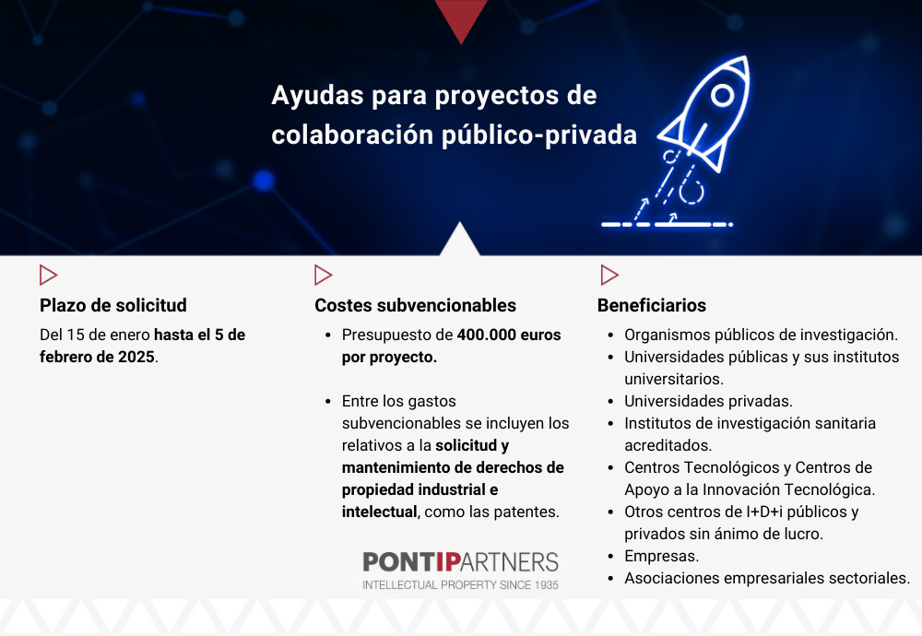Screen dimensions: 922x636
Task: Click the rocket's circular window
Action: coord(723,95)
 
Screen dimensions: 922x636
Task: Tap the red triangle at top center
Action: coord(461,18)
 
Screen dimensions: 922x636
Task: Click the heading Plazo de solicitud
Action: coord(112,305)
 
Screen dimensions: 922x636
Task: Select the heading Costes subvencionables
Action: coord(415,305)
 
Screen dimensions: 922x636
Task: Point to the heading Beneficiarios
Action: coord(652,305)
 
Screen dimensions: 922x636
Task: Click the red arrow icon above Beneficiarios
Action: coord(609,275)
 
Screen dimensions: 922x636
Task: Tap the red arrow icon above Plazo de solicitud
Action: coord(48,275)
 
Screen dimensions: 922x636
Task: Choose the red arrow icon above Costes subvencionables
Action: coord(323,275)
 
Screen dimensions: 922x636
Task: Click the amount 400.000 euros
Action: coord(509,335)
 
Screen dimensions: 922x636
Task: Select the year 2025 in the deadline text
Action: coord(136,357)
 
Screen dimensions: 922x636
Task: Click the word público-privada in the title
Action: coord(539,135)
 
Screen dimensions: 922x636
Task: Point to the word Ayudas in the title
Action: coord(317,96)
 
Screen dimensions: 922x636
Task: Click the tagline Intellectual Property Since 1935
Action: coord(460,585)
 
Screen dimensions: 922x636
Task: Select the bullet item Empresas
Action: coord(661,556)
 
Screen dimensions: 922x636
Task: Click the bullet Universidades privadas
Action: coord(708,401)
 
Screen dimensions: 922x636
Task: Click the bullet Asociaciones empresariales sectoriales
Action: coord(767,578)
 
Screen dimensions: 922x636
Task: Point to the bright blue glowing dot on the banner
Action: coord(264,181)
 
